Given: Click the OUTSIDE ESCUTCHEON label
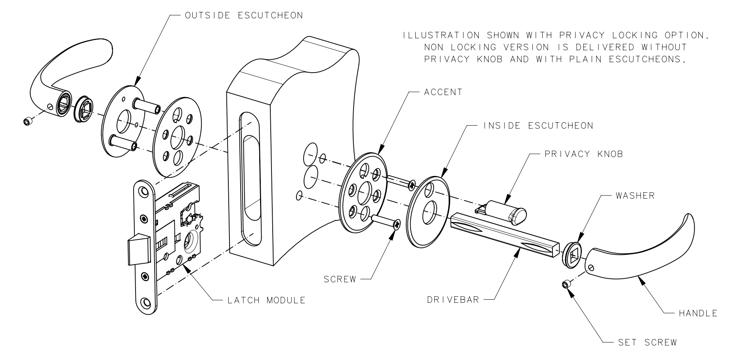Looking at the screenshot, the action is click(x=244, y=16).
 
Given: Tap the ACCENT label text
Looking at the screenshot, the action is click(x=443, y=92).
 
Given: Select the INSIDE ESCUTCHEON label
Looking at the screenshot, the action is click(x=538, y=126).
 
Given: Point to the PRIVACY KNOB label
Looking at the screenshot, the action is click(x=584, y=154).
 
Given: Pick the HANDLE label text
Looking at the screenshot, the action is click(x=698, y=313).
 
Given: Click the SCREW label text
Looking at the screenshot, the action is click(x=340, y=279).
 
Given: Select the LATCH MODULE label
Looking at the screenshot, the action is click(x=266, y=300).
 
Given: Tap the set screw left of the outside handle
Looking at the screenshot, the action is click(x=27, y=121).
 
